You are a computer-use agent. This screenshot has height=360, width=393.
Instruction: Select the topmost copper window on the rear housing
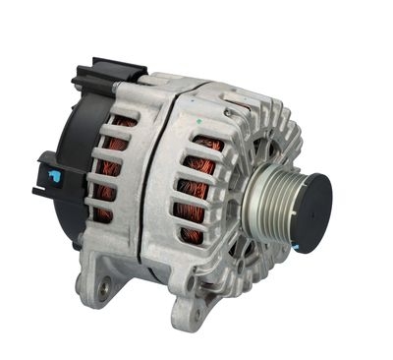point(123,123)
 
